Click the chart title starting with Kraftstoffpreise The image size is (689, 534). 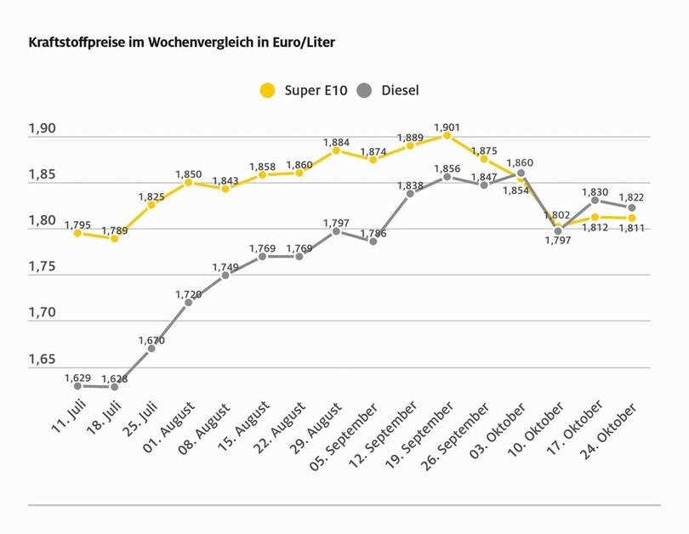pyautogui.click(x=187, y=41)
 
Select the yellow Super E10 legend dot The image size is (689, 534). pyautogui.click(x=268, y=90)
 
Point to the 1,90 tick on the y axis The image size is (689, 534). pyautogui.click(x=43, y=129)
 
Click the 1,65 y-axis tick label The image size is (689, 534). pyautogui.click(x=43, y=359)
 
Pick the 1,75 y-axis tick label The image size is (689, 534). pyautogui.click(x=43, y=267)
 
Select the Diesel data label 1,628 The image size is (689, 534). pyautogui.click(x=115, y=378)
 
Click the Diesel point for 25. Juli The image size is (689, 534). pyautogui.click(x=151, y=349)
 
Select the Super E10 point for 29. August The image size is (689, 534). pyautogui.click(x=336, y=151)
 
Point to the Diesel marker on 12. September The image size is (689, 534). pyautogui.click(x=410, y=194)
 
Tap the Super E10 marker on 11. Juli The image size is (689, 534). pyautogui.click(x=77, y=232)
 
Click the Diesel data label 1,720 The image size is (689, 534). pyautogui.click(x=189, y=294)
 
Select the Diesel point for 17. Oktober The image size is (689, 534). pyautogui.click(x=595, y=201)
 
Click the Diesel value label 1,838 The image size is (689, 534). pyautogui.click(x=410, y=185)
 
